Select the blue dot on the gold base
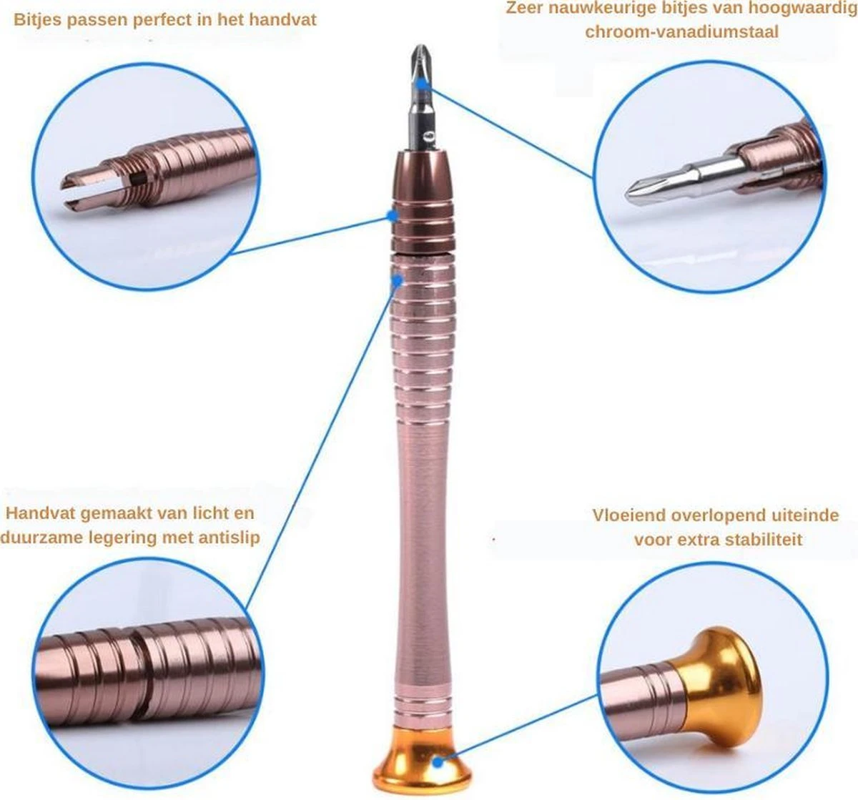pos(438,762)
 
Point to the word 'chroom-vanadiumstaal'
pos(681,32)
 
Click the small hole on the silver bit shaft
pos(428,136)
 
